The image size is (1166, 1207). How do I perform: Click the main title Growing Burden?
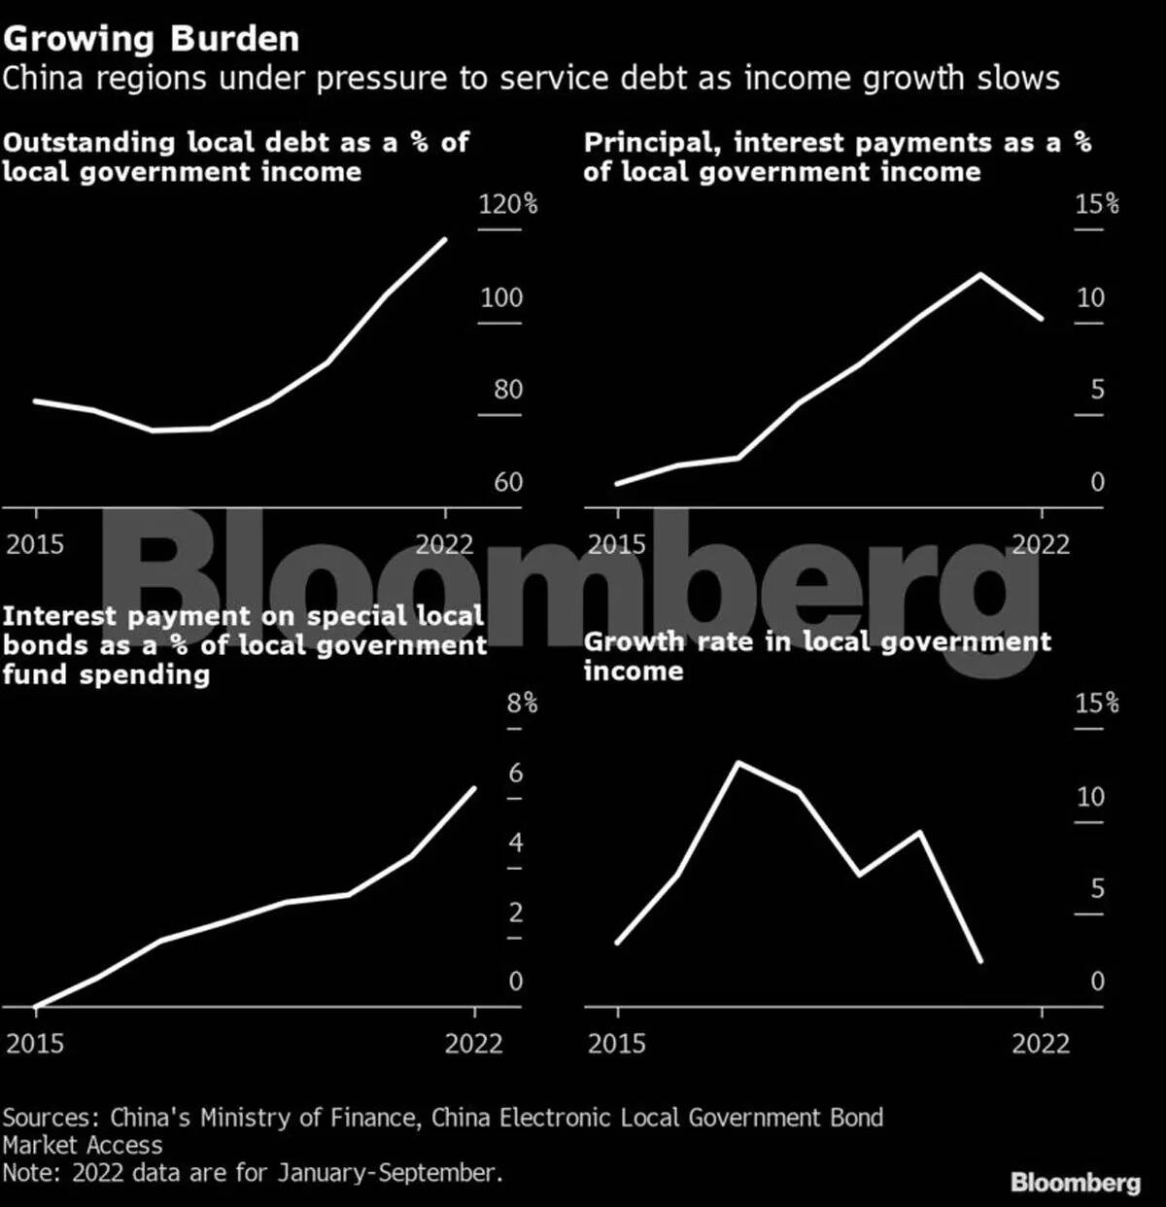(x=151, y=39)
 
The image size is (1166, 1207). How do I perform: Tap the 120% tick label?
(x=508, y=204)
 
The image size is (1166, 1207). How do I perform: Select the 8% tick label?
(x=522, y=703)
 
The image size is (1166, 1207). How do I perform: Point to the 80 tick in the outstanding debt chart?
(x=507, y=390)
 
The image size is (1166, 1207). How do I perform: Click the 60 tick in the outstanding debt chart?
(x=507, y=482)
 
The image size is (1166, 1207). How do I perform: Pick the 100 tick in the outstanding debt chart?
(x=501, y=297)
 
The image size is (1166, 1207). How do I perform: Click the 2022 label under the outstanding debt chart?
(x=444, y=544)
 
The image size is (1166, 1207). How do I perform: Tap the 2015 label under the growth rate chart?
(x=617, y=1044)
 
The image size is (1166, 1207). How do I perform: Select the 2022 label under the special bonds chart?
(x=474, y=1044)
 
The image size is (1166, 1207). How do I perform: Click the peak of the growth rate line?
(x=738, y=763)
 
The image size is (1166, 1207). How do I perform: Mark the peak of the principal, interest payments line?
(x=980, y=274)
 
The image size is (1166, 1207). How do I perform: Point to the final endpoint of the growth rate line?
(x=980, y=961)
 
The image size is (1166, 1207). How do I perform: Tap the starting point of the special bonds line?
(x=36, y=1007)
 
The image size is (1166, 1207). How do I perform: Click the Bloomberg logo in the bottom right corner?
(x=1075, y=1182)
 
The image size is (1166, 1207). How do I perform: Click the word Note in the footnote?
(x=32, y=1173)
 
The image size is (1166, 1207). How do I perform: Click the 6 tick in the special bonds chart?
(x=515, y=773)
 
